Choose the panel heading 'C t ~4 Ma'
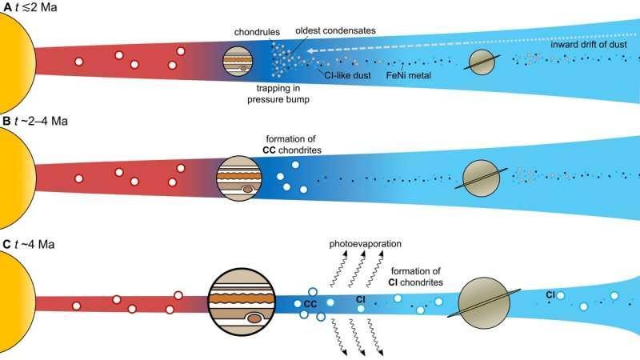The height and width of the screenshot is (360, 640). click(29, 241)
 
